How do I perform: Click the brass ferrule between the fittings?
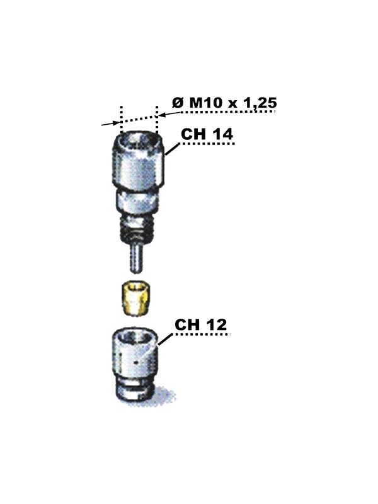(134, 297)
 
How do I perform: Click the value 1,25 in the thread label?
(258, 102)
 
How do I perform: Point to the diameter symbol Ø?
(176, 103)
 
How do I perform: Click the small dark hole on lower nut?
(137, 364)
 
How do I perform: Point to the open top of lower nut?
(134, 338)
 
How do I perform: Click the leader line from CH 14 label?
(172, 151)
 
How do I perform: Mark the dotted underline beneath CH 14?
(208, 144)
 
